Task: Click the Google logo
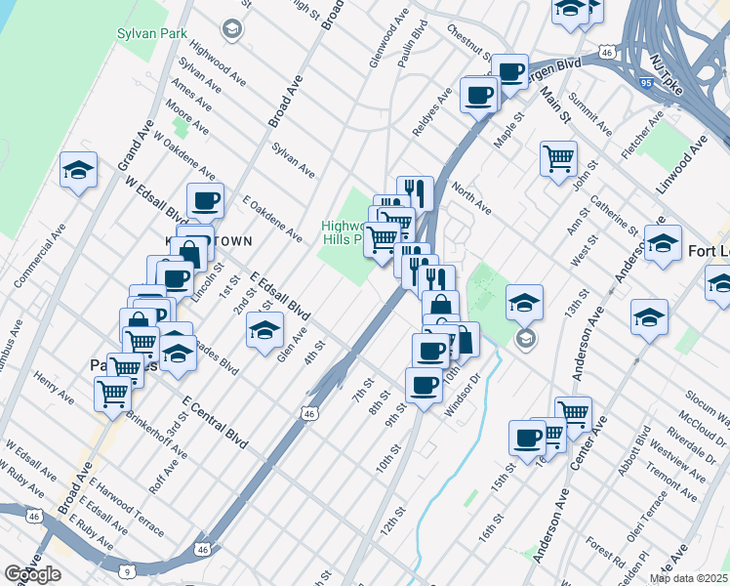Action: (32, 575)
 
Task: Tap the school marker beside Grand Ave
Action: (78, 172)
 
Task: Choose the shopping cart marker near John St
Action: (558, 157)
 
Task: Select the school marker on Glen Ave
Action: (264, 331)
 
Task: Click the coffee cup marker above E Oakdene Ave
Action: (205, 201)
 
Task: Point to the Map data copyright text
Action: (688, 578)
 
